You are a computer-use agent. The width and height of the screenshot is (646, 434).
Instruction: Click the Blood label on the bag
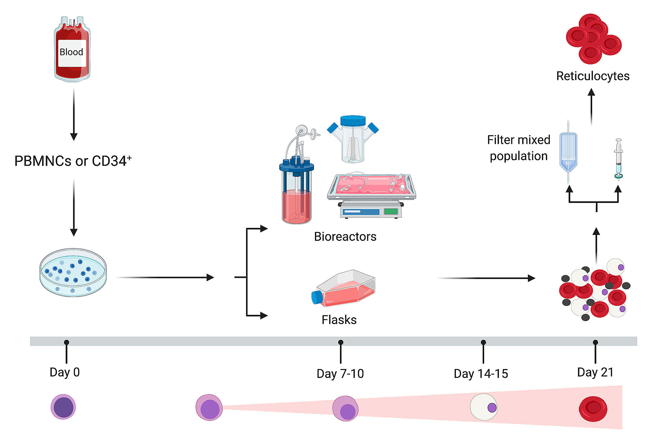[71, 52]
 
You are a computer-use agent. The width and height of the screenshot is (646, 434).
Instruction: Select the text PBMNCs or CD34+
[73, 161]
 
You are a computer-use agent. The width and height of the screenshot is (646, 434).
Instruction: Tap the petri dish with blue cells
[73, 273]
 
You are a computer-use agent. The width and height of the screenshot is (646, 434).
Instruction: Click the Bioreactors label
[345, 237]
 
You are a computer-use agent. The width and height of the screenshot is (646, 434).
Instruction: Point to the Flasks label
[339, 320]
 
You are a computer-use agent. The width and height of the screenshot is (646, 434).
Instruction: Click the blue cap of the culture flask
[317, 297]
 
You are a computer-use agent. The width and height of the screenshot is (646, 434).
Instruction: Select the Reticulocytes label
[593, 76]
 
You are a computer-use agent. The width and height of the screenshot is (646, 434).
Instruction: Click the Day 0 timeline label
[65, 372]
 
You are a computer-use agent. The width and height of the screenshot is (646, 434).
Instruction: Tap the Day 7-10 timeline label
[340, 374]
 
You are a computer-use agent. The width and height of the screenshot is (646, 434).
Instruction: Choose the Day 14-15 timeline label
[481, 374]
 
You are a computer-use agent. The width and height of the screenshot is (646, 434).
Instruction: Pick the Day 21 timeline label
[595, 372]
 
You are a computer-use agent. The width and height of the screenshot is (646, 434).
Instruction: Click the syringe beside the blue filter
[619, 159]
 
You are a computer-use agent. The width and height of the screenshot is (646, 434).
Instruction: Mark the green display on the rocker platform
[391, 212]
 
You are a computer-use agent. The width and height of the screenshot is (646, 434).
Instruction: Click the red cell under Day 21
[593, 409]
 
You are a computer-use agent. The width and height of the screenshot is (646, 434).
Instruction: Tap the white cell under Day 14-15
[484, 407]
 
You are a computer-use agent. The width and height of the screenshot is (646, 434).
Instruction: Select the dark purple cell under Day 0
[63, 407]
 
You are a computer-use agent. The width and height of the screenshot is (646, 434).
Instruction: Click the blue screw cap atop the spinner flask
[353, 121]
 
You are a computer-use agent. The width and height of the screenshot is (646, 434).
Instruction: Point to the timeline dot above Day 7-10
[341, 342]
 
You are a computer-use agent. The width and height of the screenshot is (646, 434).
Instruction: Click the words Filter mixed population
[518, 148]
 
